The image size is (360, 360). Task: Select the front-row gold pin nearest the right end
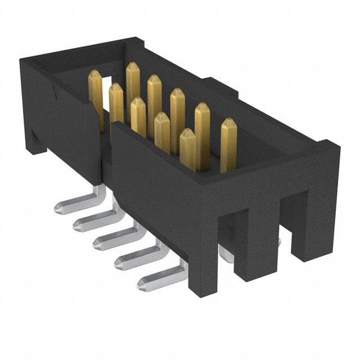click(x=188, y=149)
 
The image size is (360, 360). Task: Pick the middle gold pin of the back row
click(x=155, y=101)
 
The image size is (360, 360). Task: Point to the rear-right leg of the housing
click(x=307, y=225)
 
